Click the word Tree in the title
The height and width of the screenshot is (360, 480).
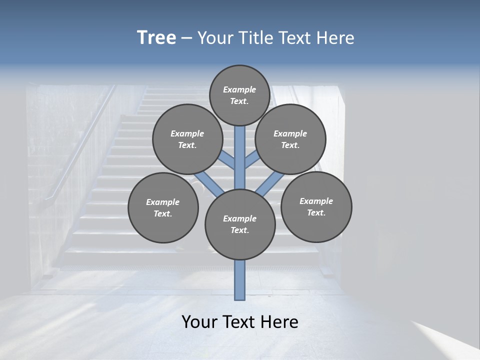156,38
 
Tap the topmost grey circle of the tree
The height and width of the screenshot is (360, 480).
239,95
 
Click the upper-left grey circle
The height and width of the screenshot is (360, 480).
187,139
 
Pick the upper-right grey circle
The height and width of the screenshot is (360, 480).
290,139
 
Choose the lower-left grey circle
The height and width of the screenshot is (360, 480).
162,207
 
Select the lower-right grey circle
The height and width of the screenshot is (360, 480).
316,206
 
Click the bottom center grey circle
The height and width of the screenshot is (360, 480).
239,224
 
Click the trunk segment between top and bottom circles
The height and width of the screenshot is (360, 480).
239,157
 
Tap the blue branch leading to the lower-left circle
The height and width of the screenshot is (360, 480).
208,184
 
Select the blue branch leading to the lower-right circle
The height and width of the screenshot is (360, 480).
270,184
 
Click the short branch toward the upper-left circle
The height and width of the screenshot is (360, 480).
227,160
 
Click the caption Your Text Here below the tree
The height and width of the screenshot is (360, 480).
239,322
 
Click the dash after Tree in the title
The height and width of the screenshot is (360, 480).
186,38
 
